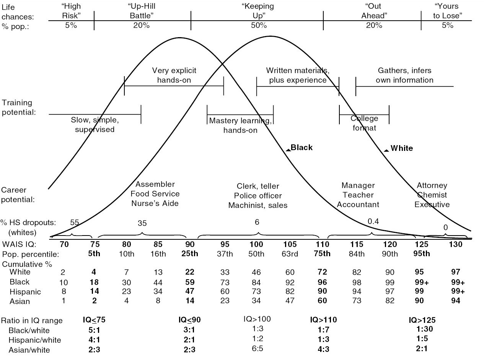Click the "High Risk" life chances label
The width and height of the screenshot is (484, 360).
coord(72,11)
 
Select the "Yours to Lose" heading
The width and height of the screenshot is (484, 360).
coord(447,11)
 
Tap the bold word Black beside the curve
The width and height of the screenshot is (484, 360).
coord(301,147)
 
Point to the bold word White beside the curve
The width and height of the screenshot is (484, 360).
coord(402,148)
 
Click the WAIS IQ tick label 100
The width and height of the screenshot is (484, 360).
coord(256,244)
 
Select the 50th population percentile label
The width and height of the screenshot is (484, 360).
coord(256,254)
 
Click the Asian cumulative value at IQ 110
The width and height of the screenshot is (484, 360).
coord(322,301)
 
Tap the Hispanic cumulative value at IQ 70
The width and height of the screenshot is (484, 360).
coord(63,292)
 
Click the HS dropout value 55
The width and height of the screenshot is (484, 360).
coord(75,222)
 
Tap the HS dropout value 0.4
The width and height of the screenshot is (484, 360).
coord(373,221)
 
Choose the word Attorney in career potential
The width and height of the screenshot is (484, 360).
coord(432,186)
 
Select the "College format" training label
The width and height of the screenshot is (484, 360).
coord(364,123)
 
